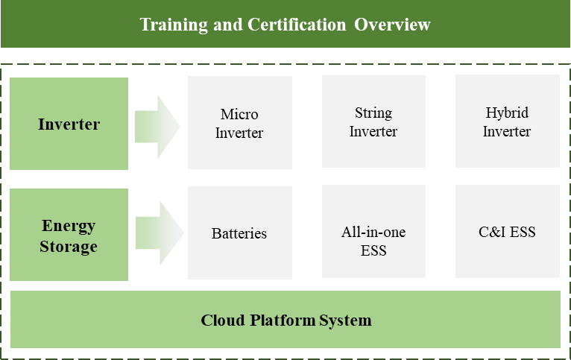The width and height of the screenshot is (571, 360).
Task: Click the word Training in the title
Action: (174, 25)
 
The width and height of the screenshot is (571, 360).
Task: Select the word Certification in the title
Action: (297, 25)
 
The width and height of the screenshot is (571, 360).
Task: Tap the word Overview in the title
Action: (392, 25)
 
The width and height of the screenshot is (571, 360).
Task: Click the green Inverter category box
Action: (69, 124)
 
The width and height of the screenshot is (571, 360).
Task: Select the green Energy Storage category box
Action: (69, 235)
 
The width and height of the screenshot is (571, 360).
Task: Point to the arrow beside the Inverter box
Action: (157, 127)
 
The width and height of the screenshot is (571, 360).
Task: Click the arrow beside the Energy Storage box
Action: (160, 233)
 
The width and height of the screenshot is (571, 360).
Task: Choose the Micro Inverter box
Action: (239, 122)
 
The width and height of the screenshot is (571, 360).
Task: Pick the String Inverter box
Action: (373, 121)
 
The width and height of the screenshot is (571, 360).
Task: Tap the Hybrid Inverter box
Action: (508, 121)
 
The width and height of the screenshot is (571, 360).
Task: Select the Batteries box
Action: (239, 233)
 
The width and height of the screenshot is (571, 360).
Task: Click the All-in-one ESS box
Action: (373, 231)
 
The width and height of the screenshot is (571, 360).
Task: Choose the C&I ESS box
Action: (508, 231)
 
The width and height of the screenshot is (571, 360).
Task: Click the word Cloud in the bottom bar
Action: (222, 320)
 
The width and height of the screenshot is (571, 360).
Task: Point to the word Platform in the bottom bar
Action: (283, 321)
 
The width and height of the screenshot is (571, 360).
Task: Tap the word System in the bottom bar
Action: (345, 321)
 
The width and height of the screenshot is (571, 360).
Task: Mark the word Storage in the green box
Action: (69, 247)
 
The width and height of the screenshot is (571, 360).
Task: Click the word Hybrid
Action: (507, 113)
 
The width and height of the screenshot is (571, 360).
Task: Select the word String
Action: (373, 113)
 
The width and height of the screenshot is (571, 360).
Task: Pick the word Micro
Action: (239, 114)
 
